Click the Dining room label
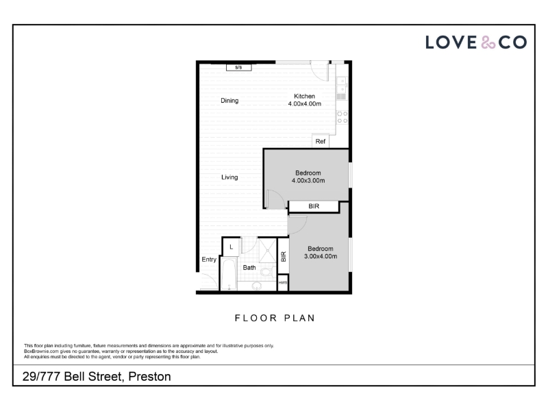coord(229,101)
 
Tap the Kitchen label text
coord(304,96)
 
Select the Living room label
coord(229,177)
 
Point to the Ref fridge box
coord(321,141)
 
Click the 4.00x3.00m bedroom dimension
coord(308,181)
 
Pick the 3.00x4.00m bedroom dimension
coord(321,256)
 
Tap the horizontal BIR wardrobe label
coord(314,206)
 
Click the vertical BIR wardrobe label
coord(284,256)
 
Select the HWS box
coord(283,283)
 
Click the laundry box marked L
coord(232,247)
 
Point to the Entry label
coord(209,260)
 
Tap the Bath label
coord(249,268)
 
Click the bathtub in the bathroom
coord(229,275)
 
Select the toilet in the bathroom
coord(266,272)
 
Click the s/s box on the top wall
coord(238,67)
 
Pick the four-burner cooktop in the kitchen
coord(342,117)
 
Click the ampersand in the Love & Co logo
coord(488,42)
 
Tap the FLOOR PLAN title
coord(275,318)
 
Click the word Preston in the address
coord(149,376)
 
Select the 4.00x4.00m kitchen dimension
coord(304,104)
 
